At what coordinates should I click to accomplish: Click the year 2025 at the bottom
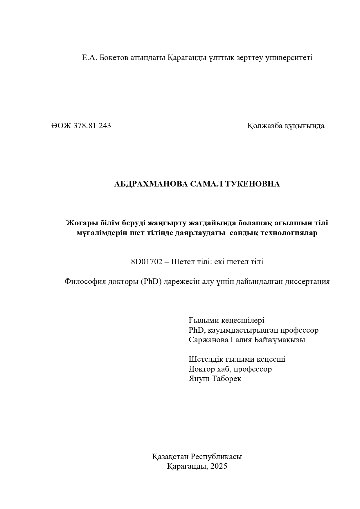click(219, 466)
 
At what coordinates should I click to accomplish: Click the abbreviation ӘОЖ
click(61, 126)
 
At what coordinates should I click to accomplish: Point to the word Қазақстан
click(170, 457)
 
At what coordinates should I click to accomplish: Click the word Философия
click(85, 281)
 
